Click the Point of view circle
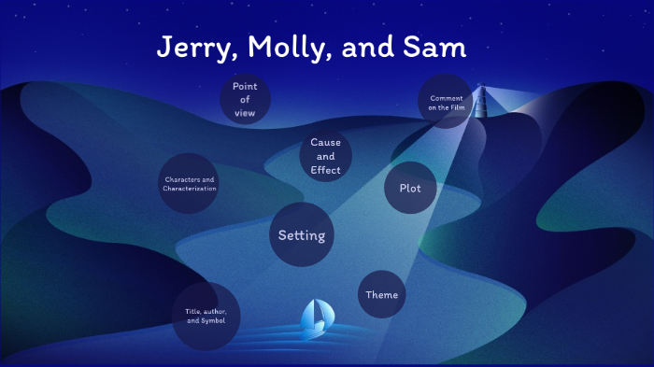point(245,100)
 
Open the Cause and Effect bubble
point(325,156)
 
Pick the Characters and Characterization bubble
point(190,184)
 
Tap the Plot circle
point(410,188)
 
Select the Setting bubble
point(302,235)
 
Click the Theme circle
point(381,295)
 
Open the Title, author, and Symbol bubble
point(206,316)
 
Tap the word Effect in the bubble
point(325,170)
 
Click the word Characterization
point(190,189)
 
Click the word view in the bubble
point(245,113)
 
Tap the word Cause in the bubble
point(325,143)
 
